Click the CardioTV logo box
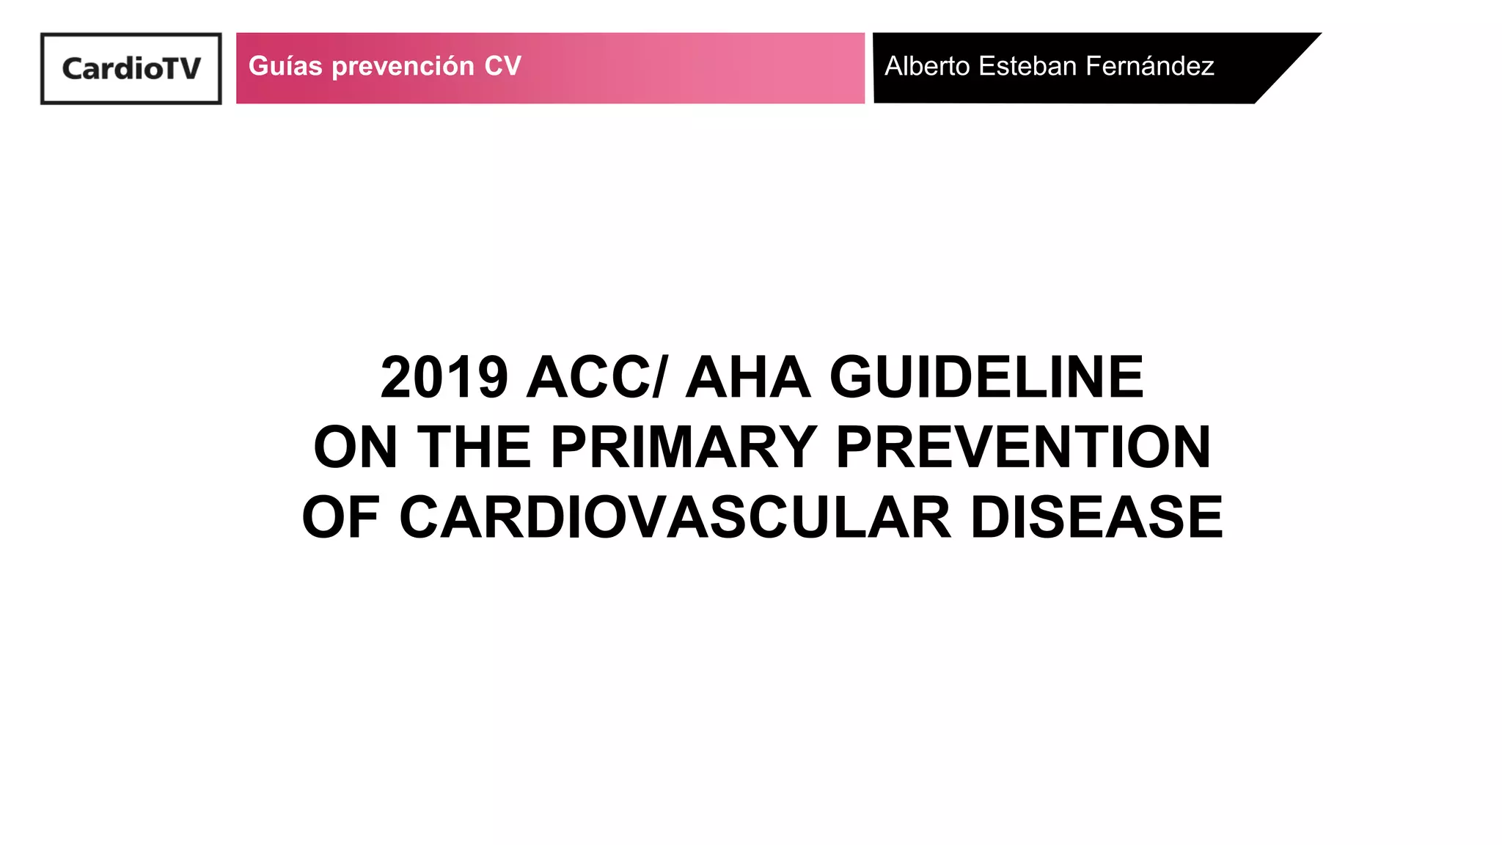coord(131,68)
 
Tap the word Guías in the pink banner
coord(285,66)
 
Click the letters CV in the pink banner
coord(502,66)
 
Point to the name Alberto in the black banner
coord(928,66)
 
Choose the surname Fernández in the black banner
coord(1150,66)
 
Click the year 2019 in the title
coord(444,378)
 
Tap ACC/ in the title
coord(597,378)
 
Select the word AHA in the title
coord(748,378)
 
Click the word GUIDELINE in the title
coord(986,378)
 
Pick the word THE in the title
coord(474,447)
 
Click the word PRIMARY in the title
coord(684,447)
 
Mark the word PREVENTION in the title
coord(1023,447)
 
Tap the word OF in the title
coord(340,517)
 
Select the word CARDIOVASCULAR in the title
coord(675,517)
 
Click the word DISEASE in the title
coord(1096,517)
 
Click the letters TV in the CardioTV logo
coord(181,69)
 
